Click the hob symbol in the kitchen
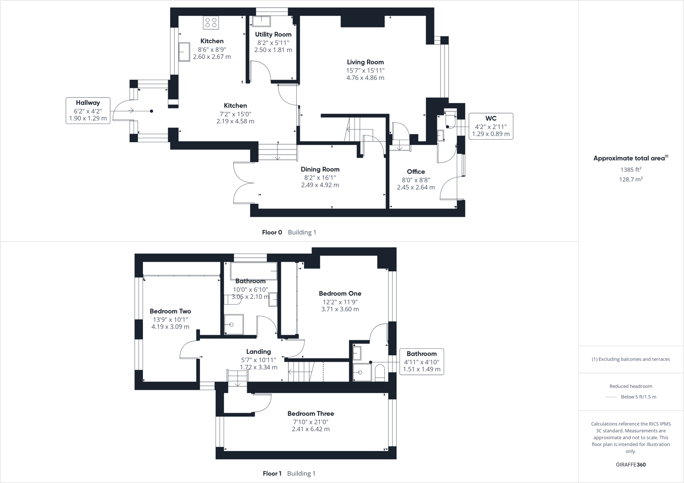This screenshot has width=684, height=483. tap(211, 23)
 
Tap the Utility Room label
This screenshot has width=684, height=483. tap(273, 34)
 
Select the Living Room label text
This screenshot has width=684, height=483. tap(365, 62)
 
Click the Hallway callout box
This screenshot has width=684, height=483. tap(88, 110)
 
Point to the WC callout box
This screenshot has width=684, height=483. tap(491, 126)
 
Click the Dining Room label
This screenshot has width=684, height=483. tap(320, 169)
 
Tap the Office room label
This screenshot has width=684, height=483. tap(416, 172)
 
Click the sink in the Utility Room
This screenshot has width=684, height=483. tap(261, 21)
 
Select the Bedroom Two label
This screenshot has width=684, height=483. tap(170, 311)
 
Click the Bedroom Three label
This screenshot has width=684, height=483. tap(311, 414)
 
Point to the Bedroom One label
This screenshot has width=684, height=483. tap(340, 293)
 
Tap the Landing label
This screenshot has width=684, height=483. tap(258, 352)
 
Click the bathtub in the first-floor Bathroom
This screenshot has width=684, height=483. tap(253, 271)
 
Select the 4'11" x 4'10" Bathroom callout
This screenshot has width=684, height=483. tap(422, 361)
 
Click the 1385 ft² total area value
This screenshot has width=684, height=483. tap(631, 170)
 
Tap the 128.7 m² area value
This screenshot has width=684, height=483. tap(631, 179)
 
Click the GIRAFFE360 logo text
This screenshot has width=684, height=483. tap(631, 465)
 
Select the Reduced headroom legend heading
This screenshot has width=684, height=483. tap(631, 386)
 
